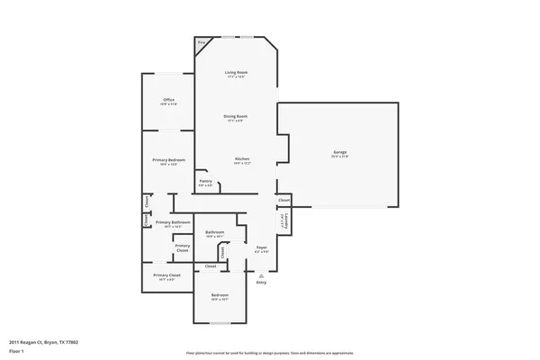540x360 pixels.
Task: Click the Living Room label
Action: click(x=236, y=72)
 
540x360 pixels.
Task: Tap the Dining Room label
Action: click(x=236, y=116)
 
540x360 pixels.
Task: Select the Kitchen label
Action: click(x=242, y=159)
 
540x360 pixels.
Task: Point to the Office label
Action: click(x=168, y=100)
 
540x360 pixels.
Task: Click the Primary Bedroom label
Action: click(x=168, y=160)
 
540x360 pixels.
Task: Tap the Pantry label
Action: click(x=205, y=183)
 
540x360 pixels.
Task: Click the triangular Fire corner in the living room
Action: click(x=202, y=42)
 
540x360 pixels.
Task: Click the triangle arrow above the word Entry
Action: click(x=261, y=274)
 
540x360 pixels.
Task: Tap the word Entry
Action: click(x=261, y=283)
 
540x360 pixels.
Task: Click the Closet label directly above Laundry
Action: click(x=283, y=199)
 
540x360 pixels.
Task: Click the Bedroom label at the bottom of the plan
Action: click(x=220, y=295)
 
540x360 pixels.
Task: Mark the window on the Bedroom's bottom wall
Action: click(x=220, y=322)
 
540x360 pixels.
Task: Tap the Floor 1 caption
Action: click(x=17, y=349)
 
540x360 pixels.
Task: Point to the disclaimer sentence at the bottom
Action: click(x=269, y=352)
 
